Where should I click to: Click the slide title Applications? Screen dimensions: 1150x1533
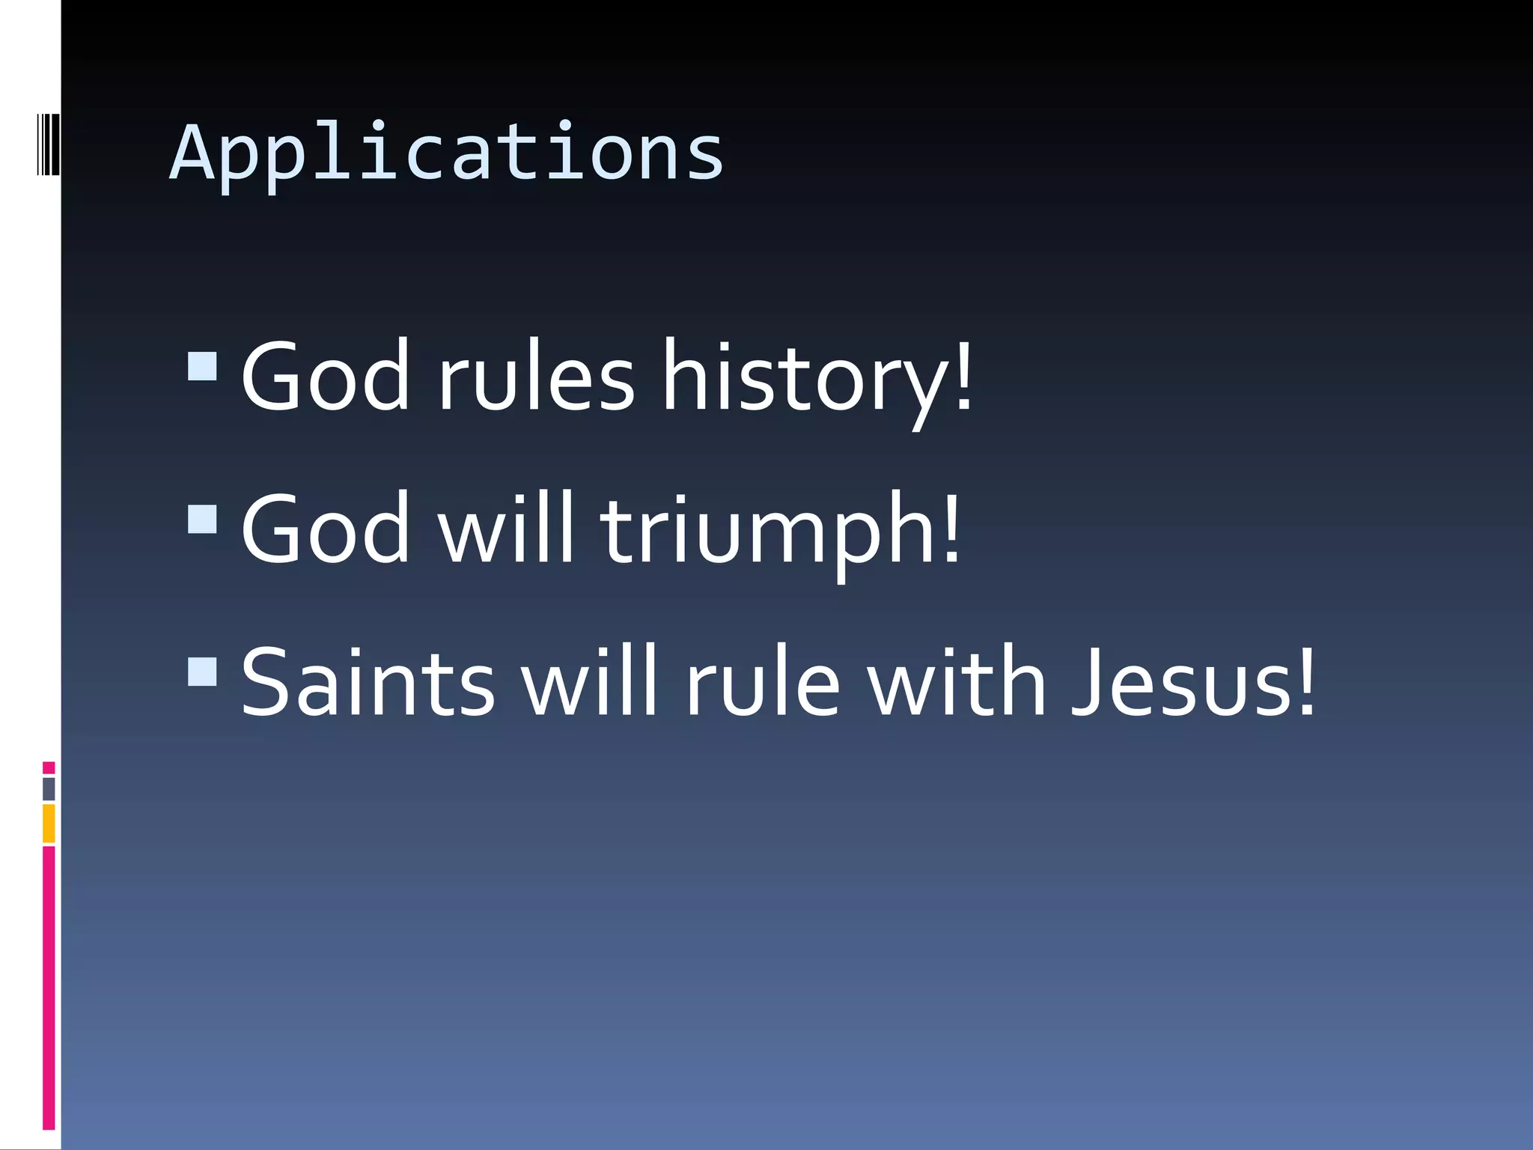(x=446, y=153)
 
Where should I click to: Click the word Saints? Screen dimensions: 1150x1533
(x=368, y=682)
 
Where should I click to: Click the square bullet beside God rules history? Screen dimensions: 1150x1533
(x=202, y=366)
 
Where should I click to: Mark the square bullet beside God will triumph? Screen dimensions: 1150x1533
(x=202, y=519)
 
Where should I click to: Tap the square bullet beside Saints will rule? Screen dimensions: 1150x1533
(x=202, y=672)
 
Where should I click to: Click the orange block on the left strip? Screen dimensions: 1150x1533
(x=49, y=823)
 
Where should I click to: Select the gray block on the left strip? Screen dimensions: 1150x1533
(x=49, y=789)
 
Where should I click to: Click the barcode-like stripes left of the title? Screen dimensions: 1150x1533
(x=48, y=144)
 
